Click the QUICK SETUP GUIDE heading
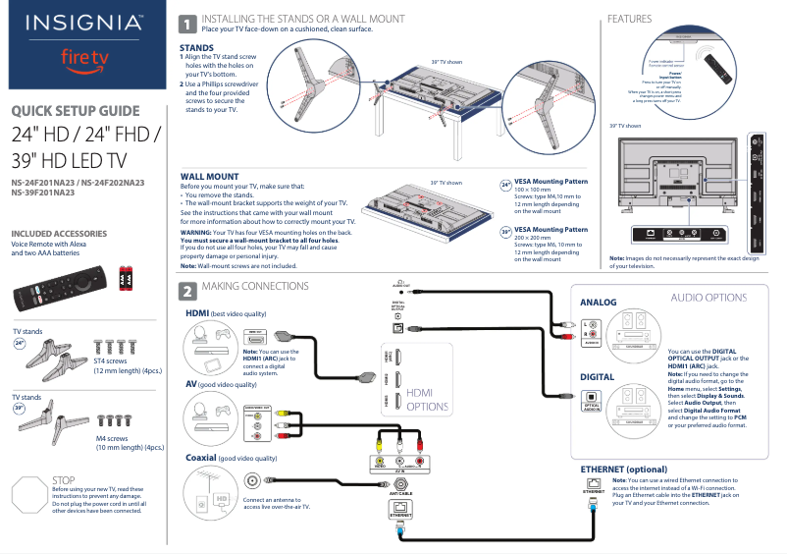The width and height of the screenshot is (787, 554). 76,111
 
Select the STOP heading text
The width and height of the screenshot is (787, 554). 62,480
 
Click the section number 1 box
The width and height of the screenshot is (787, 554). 186,24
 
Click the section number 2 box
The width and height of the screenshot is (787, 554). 186,291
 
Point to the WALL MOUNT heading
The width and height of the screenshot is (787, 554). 210,176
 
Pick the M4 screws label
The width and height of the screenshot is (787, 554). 112,438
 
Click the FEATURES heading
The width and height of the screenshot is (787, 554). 629,19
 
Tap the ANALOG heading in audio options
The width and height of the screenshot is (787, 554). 599,303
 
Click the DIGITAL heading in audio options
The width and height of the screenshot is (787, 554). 598,377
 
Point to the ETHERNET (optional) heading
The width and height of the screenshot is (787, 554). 624,470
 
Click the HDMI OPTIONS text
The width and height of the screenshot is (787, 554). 428,399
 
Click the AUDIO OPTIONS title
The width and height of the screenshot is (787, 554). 708,298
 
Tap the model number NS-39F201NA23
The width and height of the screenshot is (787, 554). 43,193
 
